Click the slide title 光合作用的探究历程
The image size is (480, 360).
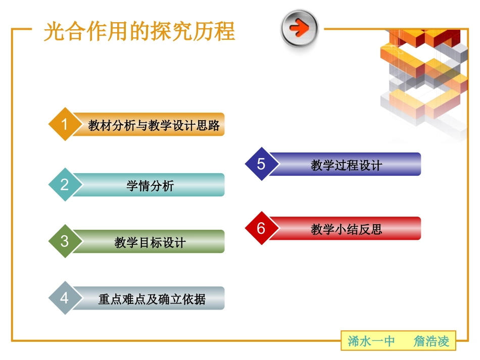(x=139, y=31)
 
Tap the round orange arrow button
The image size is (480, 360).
(x=300, y=28)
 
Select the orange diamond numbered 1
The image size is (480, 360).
(x=64, y=124)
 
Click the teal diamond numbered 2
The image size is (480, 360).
(x=64, y=185)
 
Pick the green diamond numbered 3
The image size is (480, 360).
(x=64, y=241)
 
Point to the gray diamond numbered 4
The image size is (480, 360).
(x=64, y=298)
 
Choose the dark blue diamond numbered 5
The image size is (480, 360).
(x=261, y=164)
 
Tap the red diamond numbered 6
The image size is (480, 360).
(x=261, y=228)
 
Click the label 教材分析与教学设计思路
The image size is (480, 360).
(x=154, y=125)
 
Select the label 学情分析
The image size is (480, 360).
(x=150, y=186)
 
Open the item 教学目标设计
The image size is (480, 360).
(x=150, y=243)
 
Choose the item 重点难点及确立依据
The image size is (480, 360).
(x=152, y=299)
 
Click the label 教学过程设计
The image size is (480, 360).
(x=346, y=165)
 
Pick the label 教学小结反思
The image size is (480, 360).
(x=346, y=229)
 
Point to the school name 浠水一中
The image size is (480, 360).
(x=371, y=341)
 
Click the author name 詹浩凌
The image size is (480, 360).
(x=431, y=341)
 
